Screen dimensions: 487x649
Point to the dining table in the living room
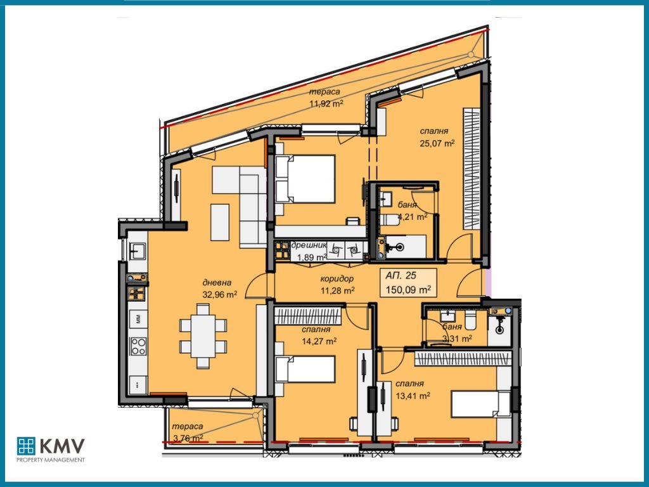point(203,336)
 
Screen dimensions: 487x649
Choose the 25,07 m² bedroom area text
point(437,143)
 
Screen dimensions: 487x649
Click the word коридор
point(337,278)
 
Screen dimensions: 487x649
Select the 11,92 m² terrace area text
point(326,103)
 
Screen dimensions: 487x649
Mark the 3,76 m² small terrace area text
point(188,438)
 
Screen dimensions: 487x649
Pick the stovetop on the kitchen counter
point(138,346)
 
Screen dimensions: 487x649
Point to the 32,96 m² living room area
point(219,294)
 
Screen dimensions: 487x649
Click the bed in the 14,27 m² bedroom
point(305,368)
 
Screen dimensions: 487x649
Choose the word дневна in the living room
point(217,283)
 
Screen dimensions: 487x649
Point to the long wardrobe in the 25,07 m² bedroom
point(472,168)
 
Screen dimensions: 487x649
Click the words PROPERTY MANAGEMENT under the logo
point(50,460)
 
